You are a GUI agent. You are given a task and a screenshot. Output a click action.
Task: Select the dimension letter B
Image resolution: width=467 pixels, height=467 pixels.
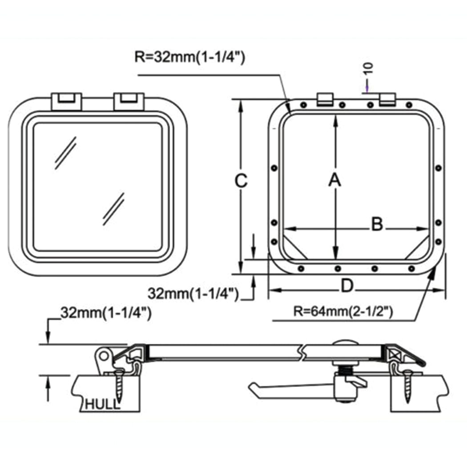click(x=377, y=225)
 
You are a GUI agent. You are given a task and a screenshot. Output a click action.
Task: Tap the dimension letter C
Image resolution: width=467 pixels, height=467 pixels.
click(x=241, y=180)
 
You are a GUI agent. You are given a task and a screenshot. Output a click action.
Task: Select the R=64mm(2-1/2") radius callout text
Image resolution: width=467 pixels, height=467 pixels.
click(x=343, y=311)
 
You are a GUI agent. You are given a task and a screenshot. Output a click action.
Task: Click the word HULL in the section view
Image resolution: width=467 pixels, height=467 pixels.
click(x=102, y=404)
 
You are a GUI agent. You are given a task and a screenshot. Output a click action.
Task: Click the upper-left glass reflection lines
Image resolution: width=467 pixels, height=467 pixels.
click(x=65, y=153)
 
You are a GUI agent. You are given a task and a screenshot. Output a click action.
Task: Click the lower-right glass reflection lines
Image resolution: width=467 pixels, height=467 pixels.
click(x=113, y=209)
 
